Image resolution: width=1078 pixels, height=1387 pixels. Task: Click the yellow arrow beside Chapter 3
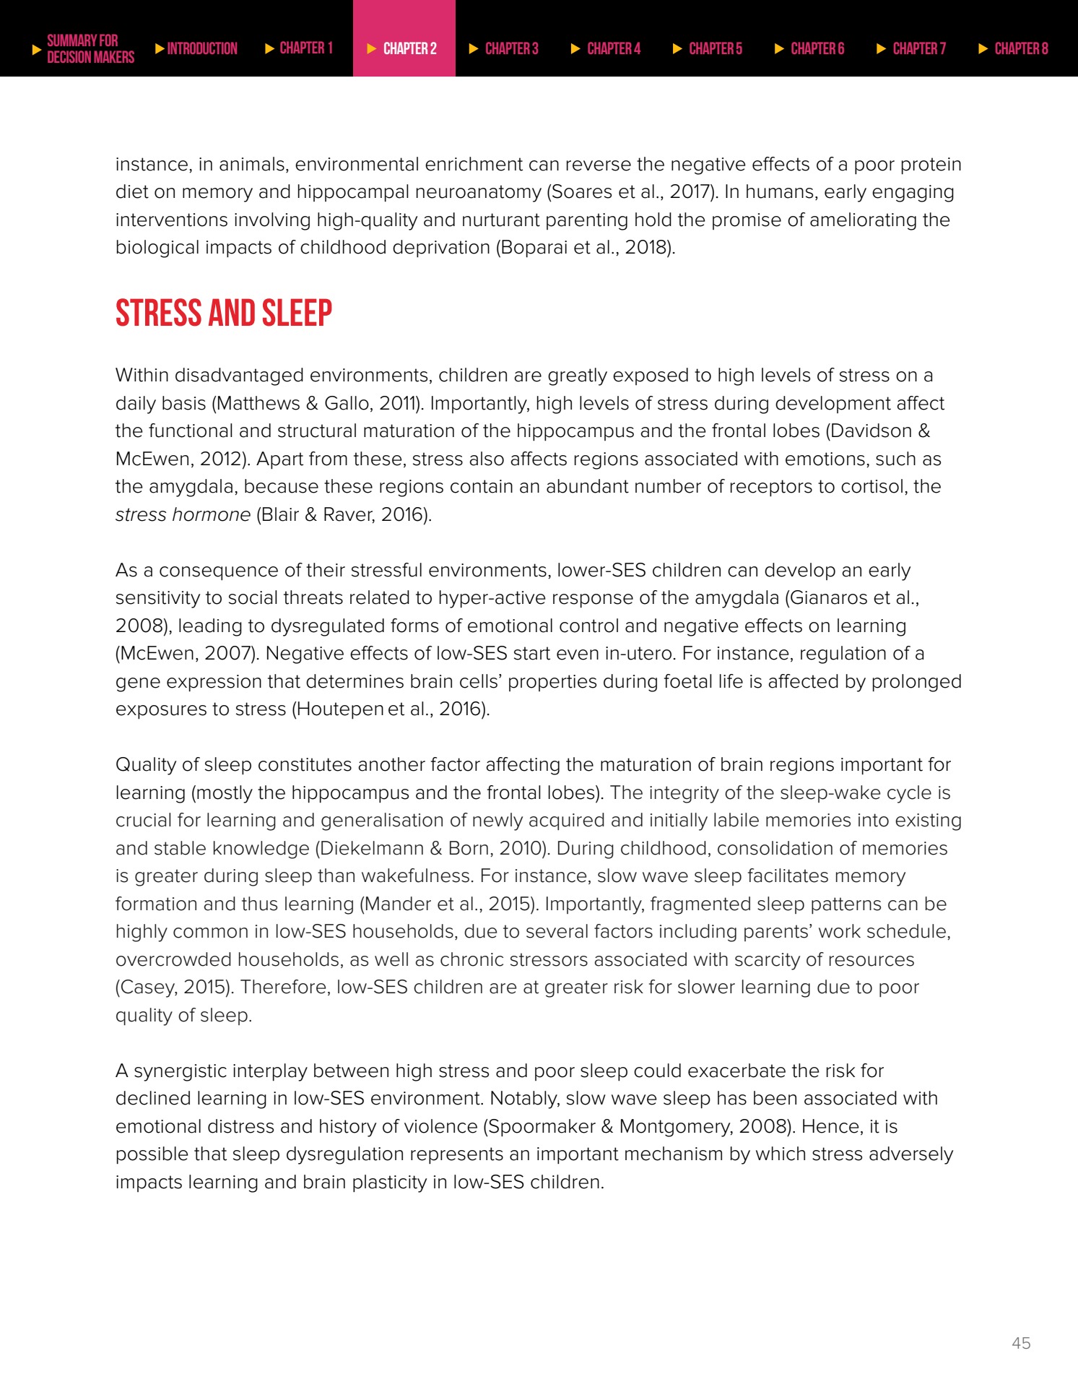[474, 48]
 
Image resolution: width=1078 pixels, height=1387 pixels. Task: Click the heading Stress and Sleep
[224, 314]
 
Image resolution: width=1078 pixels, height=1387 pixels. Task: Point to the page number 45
[1021, 1343]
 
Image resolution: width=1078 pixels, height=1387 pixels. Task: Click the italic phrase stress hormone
[183, 514]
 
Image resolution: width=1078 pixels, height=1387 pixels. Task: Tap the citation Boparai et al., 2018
[585, 247]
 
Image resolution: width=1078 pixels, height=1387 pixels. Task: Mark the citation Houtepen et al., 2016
[390, 709]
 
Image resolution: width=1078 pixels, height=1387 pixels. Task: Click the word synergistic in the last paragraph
[180, 1071]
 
